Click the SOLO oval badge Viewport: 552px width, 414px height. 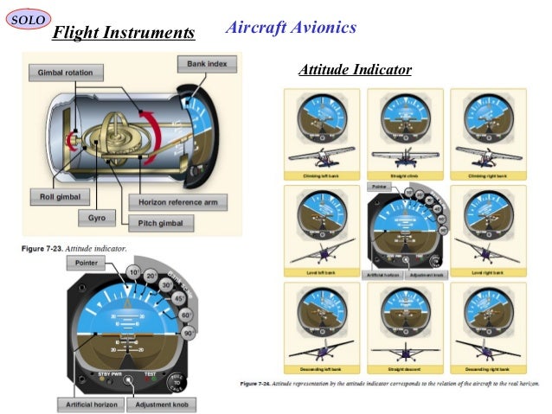(x=28, y=18)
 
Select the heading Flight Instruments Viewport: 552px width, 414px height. (x=123, y=34)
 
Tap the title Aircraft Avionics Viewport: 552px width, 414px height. (x=290, y=28)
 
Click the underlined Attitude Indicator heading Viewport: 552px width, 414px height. (x=354, y=69)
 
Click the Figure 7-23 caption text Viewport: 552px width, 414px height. (x=74, y=248)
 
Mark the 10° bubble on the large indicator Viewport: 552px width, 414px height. (x=135, y=272)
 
